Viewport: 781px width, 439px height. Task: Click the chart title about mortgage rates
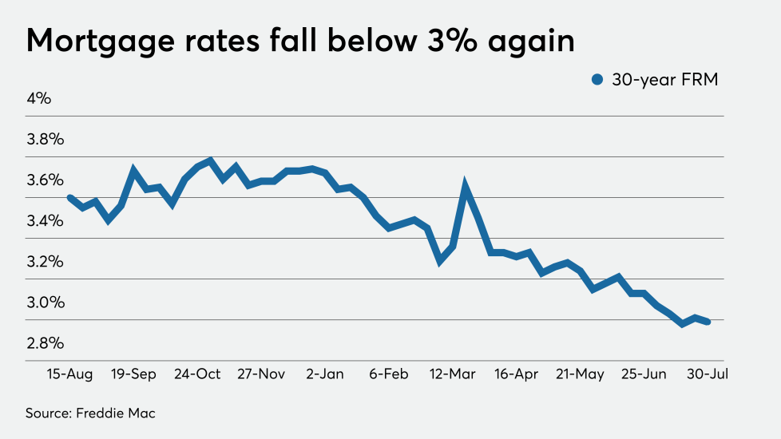300,40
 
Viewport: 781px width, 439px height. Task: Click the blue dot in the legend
597,79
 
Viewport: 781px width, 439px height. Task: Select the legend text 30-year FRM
664,79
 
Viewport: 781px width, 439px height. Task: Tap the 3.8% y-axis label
45,140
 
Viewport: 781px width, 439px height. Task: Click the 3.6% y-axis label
45,180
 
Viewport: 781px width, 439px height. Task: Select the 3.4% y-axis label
45,221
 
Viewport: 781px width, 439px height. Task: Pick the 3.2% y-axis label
45,262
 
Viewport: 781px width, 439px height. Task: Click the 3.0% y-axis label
45,303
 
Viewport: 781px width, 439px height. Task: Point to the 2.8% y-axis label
45,343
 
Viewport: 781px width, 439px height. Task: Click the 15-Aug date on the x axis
70,374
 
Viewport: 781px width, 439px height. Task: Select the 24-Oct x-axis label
198,374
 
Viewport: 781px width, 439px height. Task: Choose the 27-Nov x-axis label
262,374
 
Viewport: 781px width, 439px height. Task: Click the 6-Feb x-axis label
390,374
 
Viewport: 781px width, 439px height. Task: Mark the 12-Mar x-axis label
453,374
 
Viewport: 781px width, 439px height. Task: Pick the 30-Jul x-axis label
707,374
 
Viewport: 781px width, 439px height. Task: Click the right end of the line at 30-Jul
708,322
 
